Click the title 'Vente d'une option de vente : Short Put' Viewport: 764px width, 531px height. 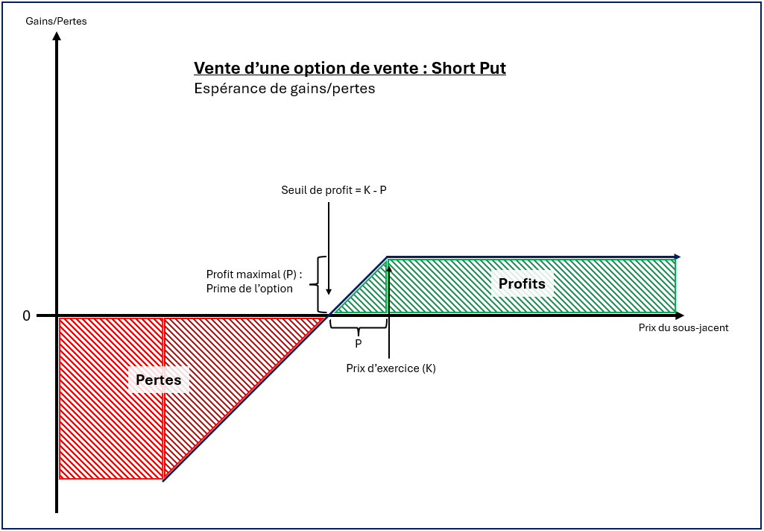(x=350, y=69)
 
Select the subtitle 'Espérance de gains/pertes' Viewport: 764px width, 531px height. (x=284, y=89)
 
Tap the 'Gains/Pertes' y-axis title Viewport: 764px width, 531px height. (x=56, y=21)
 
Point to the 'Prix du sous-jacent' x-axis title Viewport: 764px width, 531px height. (x=684, y=327)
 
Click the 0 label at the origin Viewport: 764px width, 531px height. (x=26, y=316)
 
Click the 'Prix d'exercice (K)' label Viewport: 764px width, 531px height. (x=391, y=368)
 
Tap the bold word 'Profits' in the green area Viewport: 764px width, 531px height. (x=522, y=284)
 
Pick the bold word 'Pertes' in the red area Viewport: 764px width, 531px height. (x=158, y=380)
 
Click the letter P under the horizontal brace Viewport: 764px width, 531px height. (x=359, y=344)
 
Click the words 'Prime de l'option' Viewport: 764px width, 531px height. (x=250, y=289)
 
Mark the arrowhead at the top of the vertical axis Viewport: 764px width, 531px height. (x=57, y=37)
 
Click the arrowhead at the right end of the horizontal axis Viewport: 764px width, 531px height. (x=679, y=316)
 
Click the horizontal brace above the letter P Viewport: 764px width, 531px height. (x=359, y=326)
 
